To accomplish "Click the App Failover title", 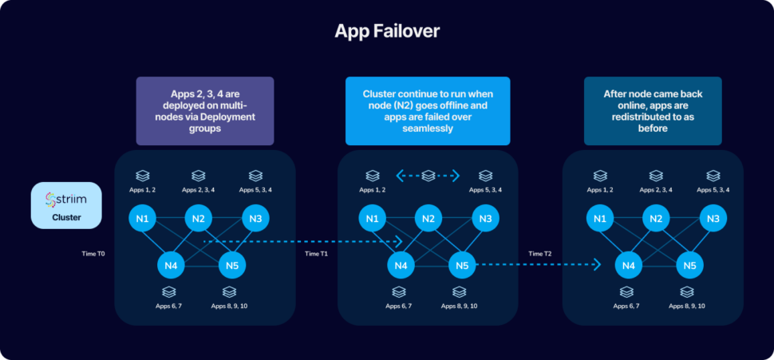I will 386,31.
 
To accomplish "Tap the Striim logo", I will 66,199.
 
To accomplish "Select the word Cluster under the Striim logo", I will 66,216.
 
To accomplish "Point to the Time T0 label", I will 93,253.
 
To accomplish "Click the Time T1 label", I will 317,253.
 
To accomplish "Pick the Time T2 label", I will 540,253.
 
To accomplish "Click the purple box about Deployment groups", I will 205,110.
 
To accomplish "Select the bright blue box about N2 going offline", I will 427,110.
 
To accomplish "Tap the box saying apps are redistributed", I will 653,110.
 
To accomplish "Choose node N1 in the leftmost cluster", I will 141,218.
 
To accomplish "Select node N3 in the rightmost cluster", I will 713,218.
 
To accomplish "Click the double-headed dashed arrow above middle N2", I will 428,175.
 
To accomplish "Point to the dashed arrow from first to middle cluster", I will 303,240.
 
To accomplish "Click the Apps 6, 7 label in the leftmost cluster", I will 168,306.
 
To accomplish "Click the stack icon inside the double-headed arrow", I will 428,175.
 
